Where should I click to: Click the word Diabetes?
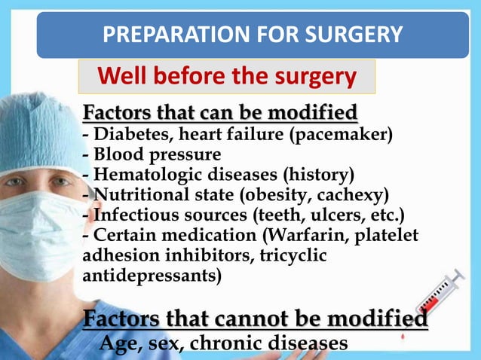point(124,136)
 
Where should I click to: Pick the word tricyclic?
point(293,255)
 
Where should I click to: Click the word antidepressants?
point(151,276)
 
